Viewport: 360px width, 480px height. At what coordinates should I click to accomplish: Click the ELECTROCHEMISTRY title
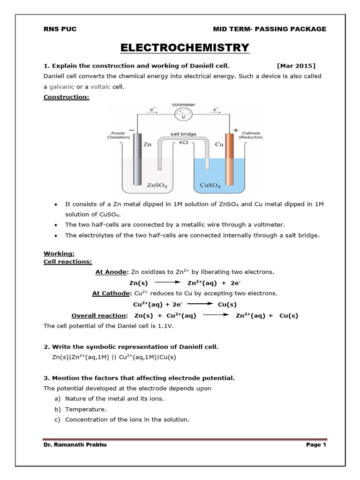click(x=185, y=47)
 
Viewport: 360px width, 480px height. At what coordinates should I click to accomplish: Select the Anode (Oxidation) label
click(x=117, y=135)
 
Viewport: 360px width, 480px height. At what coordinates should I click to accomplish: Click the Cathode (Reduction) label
click(x=251, y=135)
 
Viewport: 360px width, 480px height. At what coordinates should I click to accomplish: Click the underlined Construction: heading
click(x=66, y=97)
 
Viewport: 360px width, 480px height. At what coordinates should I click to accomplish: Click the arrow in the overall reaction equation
click(x=216, y=315)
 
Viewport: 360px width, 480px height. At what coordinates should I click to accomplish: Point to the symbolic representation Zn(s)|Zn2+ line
click(x=114, y=357)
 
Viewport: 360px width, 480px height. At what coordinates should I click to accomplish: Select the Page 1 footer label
click(x=316, y=445)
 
